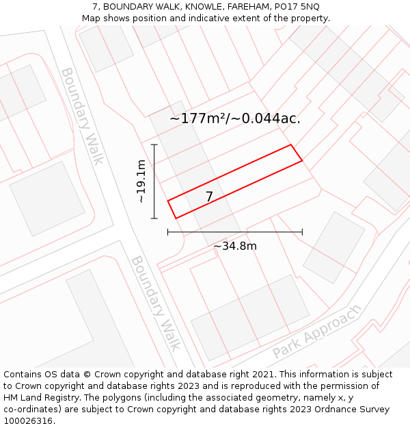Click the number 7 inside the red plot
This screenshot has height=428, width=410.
[209, 197]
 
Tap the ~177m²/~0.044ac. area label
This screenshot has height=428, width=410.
[235, 118]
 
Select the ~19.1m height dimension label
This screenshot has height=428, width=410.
[141, 181]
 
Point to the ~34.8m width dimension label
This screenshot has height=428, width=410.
[235, 246]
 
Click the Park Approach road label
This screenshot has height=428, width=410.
[316, 332]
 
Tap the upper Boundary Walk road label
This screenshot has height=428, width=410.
[83, 116]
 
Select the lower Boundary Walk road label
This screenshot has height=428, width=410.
[156, 303]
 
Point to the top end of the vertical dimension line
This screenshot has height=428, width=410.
[154, 144]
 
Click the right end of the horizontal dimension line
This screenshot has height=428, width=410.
[302, 232]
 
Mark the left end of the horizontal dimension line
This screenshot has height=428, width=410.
[168, 232]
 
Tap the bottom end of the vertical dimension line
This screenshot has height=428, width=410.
[154, 218]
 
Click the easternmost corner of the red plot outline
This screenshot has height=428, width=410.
[302, 161]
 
